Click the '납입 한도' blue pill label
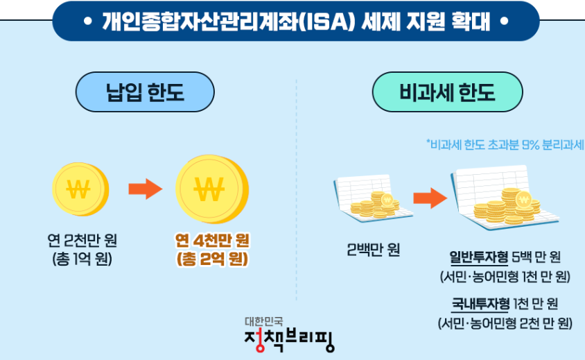[145, 92]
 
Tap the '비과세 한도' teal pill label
[447, 92]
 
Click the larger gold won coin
[211, 188]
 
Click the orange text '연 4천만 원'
[211, 241]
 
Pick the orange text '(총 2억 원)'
[211, 260]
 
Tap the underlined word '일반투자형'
[479, 258]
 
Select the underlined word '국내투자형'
[480, 304]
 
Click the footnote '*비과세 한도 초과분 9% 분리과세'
[505, 144]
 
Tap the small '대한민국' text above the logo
[268, 321]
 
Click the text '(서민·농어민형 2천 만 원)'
[505, 323]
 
